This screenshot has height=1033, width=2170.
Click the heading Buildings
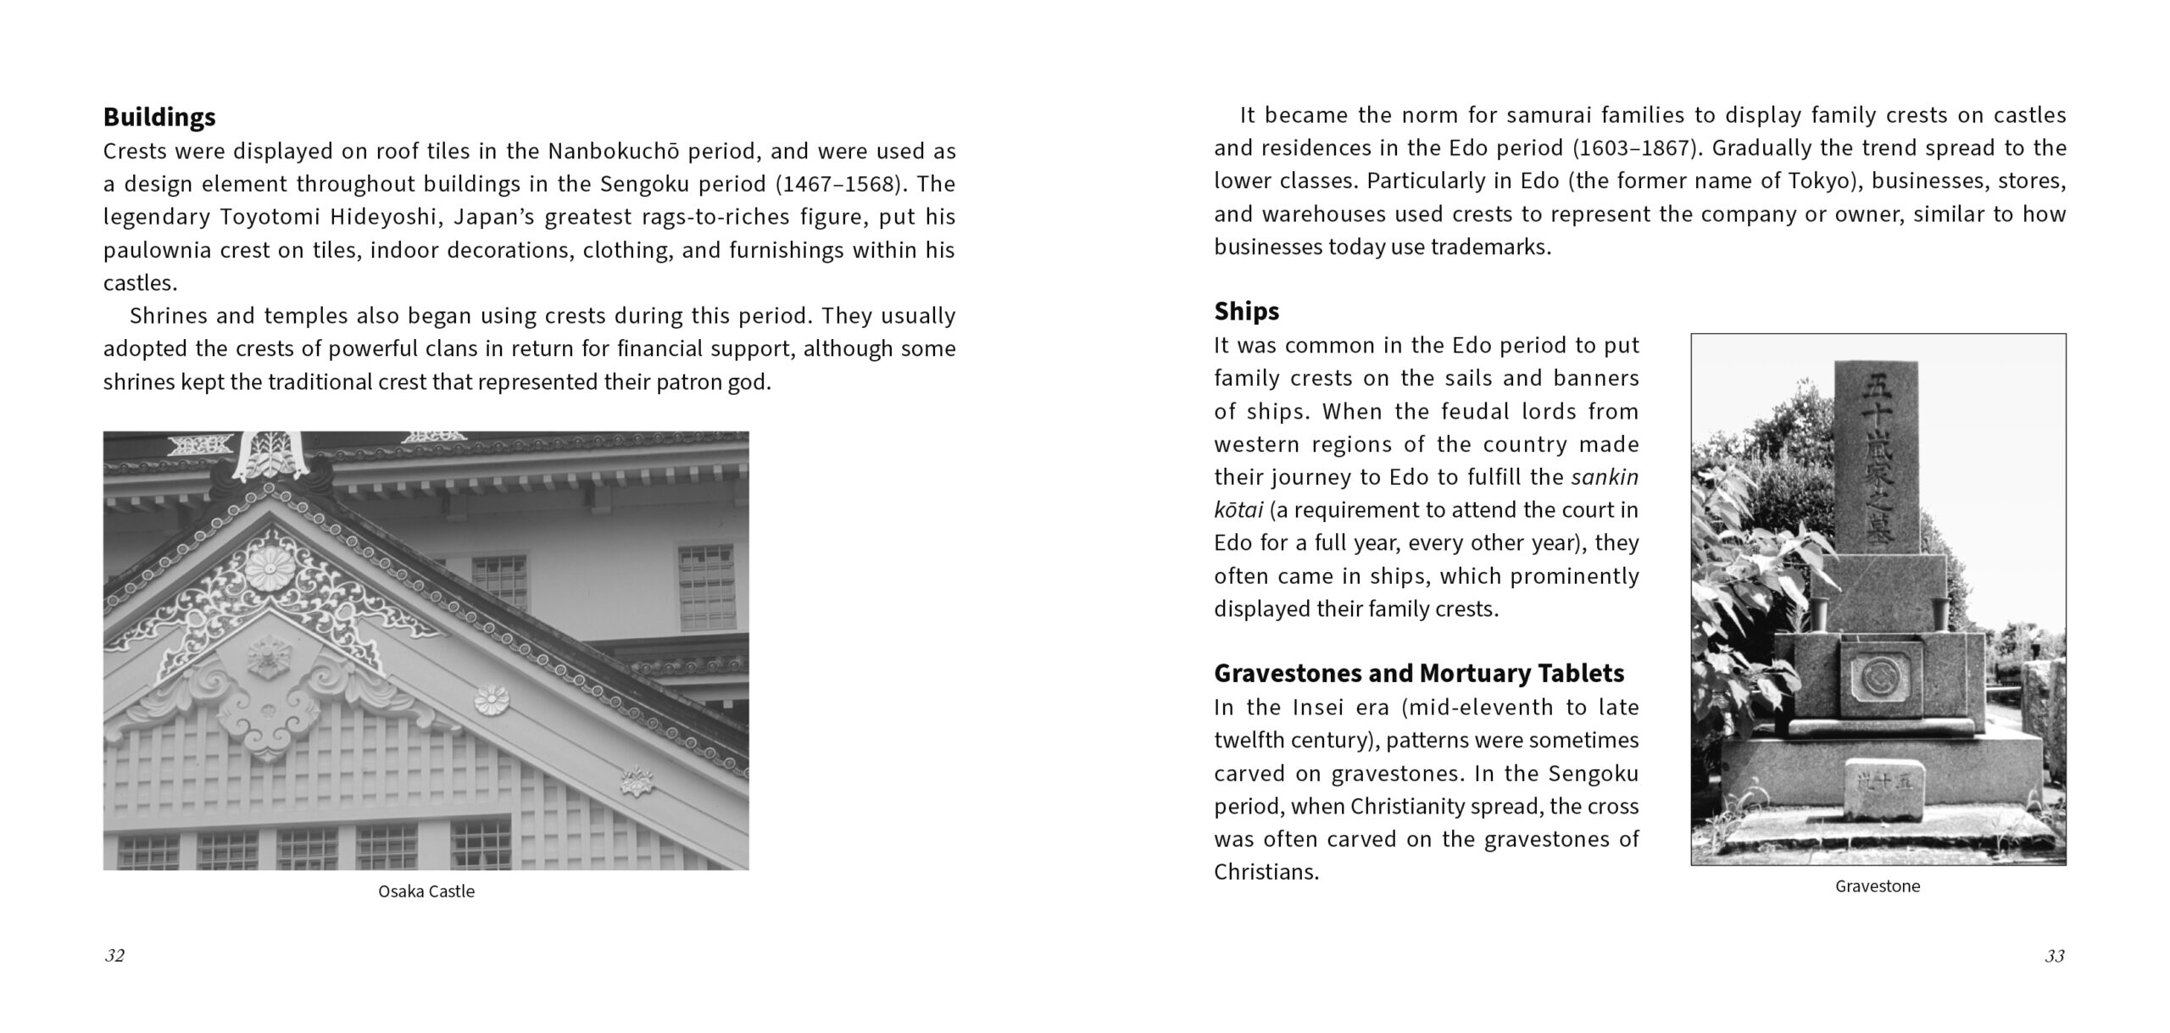(159, 116)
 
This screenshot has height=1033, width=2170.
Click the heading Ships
(1246, 311)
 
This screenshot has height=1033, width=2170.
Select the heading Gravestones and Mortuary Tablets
(1418, 673)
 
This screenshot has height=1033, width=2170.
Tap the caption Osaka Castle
(426, 891)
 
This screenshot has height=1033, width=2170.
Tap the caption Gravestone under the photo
(1878, 886)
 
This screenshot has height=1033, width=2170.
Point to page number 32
(114, 956)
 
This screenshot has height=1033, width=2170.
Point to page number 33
(2054, 957)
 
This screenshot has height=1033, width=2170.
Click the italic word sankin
(1604, 477)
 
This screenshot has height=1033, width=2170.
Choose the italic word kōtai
(1238, 510)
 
